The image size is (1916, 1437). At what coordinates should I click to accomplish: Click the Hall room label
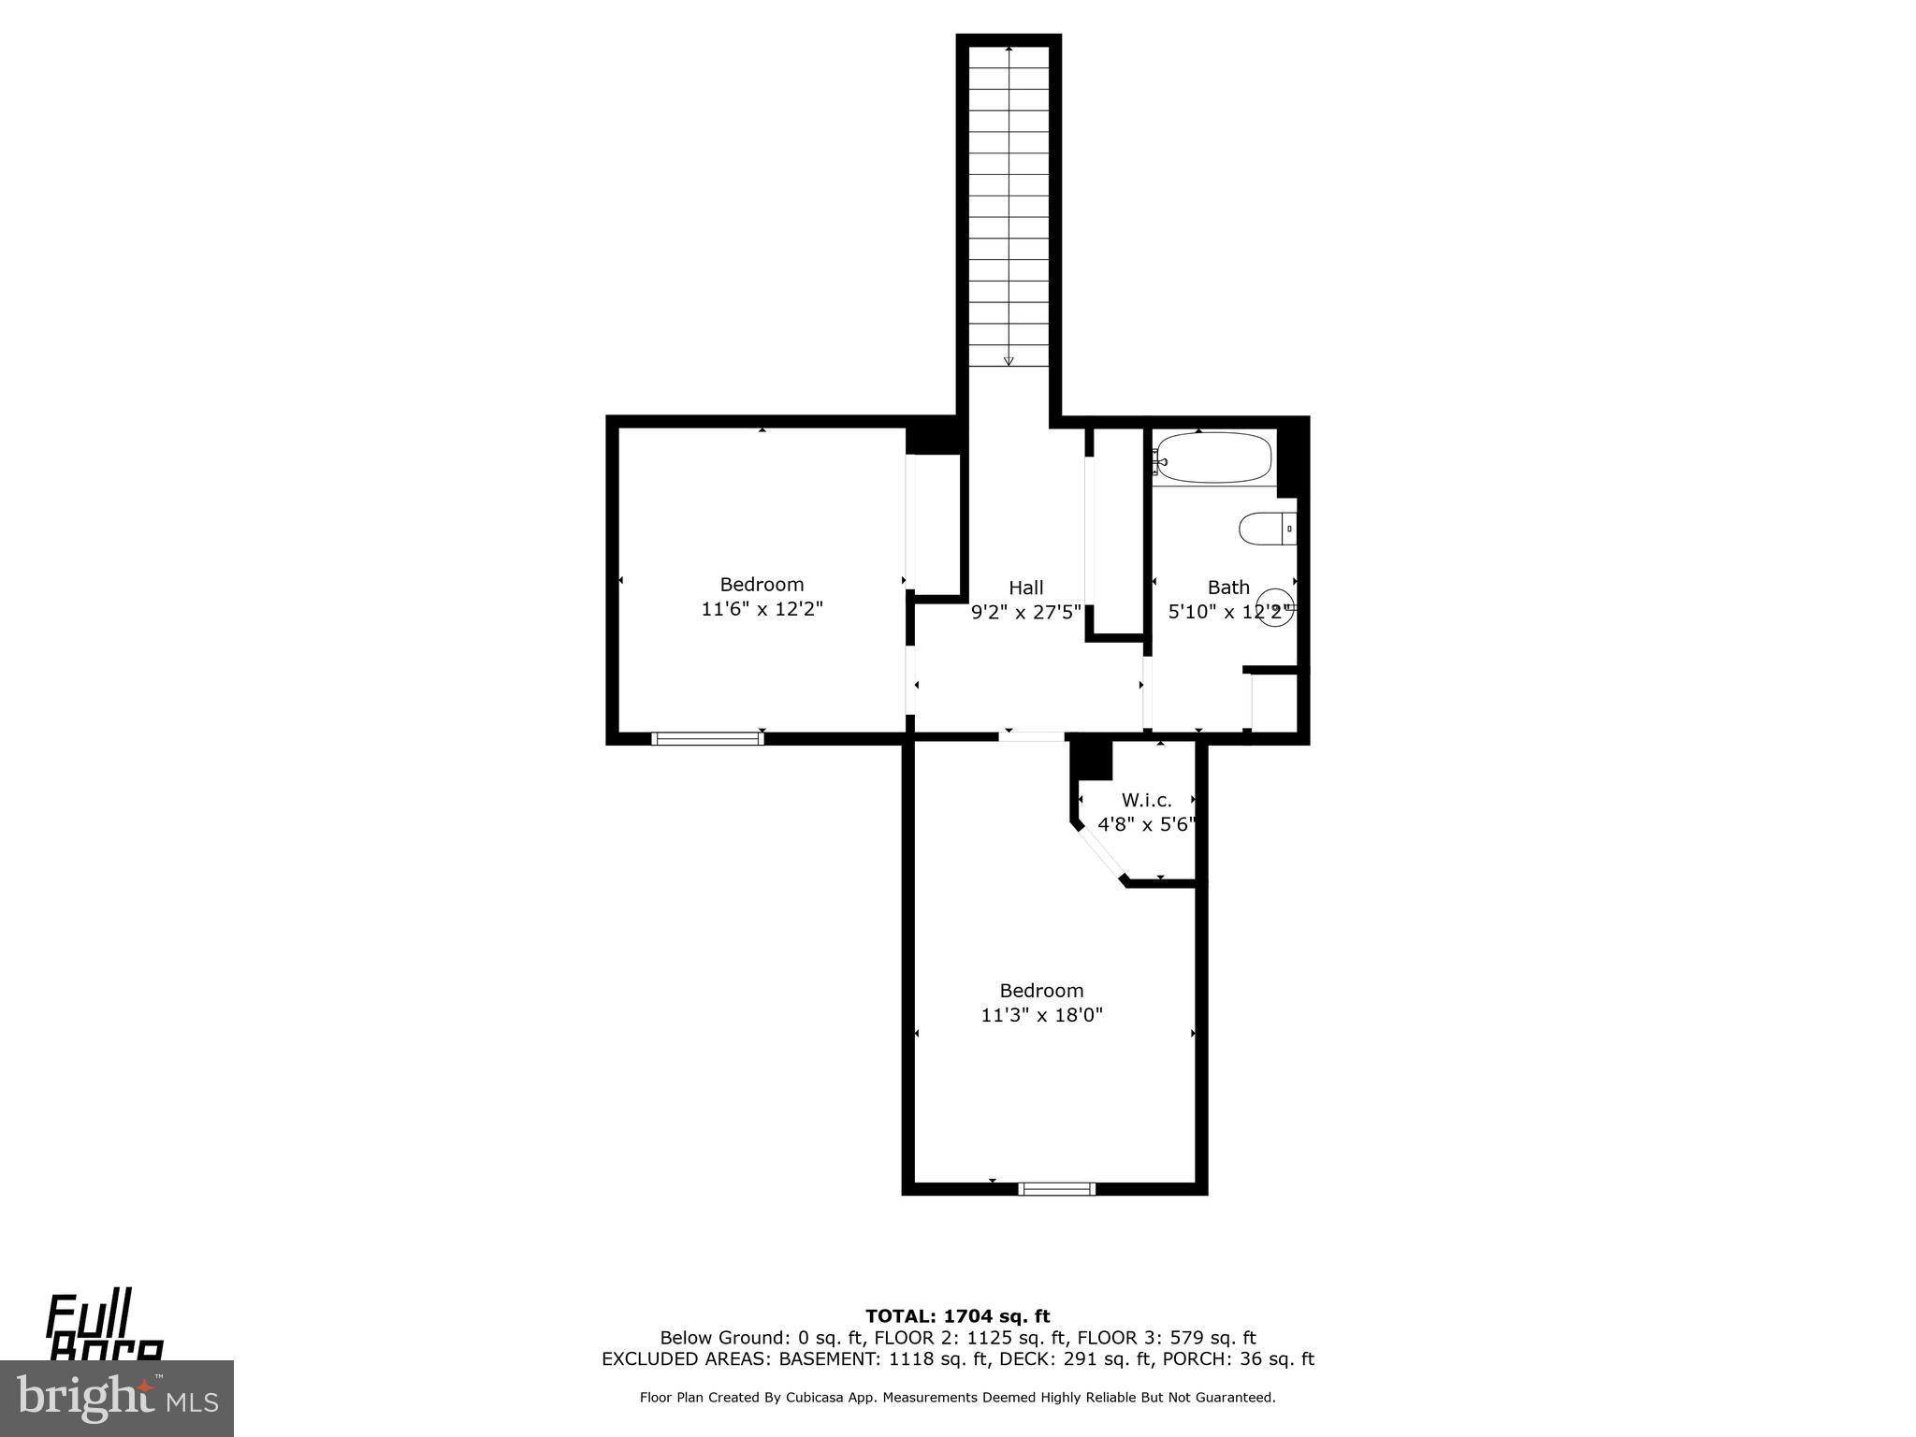pyautogui.click(x=1025, y=588)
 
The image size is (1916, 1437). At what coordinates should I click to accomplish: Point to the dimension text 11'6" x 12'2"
pyautogui.click(x=762, y=609)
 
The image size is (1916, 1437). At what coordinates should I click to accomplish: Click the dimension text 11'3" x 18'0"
pyautogui.click(x=1041, y=1015)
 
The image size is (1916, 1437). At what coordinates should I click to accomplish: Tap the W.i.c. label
pyautogui.click(x=1146, y=800)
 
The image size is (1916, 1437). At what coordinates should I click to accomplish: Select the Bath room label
pyautogui.click(x=1227, y=588)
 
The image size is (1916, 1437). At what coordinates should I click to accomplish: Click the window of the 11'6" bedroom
pyautogui.click(x=707, y=738)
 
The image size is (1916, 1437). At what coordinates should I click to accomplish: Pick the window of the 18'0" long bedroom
pyautogui.click(x=1056, y=1189)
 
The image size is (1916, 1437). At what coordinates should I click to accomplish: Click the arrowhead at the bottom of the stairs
pyautogui.click(x=1009, y=360)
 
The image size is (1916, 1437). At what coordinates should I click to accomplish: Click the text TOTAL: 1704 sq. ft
pyautogui.click(x=957, y=1316)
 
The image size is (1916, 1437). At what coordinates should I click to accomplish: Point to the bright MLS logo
pyautogui.click(x=116, y=1399)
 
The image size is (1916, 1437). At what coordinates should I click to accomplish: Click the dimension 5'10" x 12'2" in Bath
pyautogui.click(x=1227, y=613)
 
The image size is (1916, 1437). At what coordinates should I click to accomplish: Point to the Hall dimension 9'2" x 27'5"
pyautogui.click(x=1025, y=613)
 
